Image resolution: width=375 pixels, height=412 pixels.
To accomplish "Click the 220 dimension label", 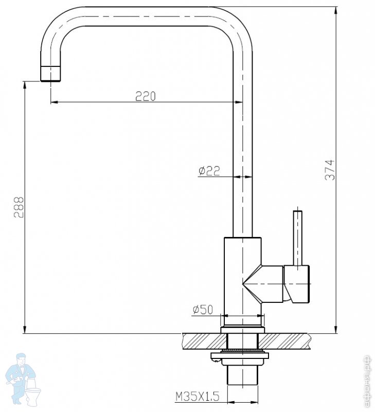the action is [x=146, y=96].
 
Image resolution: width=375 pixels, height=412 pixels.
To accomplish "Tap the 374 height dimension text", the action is [x=330, y=170].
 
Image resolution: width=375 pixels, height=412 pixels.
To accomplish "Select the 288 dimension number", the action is [x=19, y=207].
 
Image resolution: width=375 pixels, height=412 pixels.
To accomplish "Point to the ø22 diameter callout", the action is [x=209, y=171].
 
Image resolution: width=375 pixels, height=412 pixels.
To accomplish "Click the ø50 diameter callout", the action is [x=203, y=310].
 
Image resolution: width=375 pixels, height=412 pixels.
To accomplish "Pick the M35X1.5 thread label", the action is [x=198, y=397].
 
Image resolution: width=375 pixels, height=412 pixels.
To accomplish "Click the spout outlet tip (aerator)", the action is [x=50, y=74].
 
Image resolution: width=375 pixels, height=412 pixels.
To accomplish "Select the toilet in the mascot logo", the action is [x=33, y=392].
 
